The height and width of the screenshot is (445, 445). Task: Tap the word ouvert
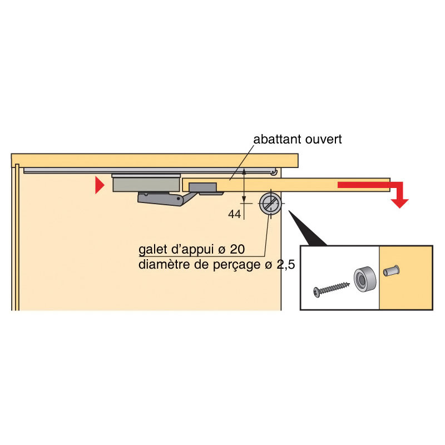pos(323,139)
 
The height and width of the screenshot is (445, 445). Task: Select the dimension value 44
pos(235,214)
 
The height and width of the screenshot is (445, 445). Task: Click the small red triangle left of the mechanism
pos(99,185)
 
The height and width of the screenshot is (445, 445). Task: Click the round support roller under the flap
pos(270,204)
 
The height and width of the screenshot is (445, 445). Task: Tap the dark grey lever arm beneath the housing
pos(161,198)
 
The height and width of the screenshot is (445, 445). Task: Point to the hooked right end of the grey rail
pos(274,172)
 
